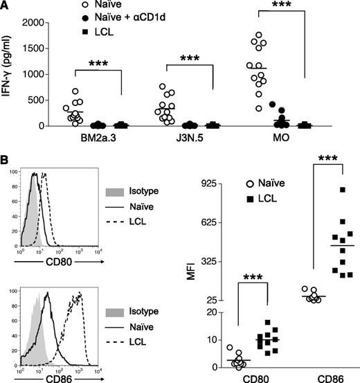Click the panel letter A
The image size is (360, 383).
6,6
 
